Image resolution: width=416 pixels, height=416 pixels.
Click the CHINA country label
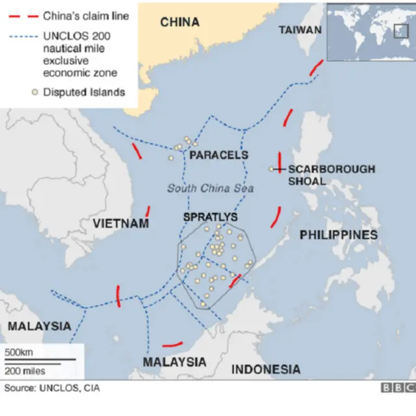(180, 22)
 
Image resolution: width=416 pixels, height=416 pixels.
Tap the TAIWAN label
(300, 30)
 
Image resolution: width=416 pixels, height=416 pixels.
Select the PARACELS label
(218, 155)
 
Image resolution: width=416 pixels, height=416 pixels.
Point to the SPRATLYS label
(210, 216)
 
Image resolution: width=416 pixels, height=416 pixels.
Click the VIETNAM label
(121, 224)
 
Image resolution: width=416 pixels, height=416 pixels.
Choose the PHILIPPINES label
(338, 235)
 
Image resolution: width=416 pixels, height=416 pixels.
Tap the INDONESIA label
(266, 369)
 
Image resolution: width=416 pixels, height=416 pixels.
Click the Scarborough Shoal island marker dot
(272, 169)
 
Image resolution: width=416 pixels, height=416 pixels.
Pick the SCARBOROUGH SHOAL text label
(331, 175)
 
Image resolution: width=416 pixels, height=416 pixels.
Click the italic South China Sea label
(210, 188)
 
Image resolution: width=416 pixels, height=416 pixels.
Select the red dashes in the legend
(22, 16)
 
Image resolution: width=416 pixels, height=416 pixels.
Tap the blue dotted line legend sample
(22, 38)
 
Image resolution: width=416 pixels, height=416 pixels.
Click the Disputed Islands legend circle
(34, 92)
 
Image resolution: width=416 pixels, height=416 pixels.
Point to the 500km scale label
(19, 352)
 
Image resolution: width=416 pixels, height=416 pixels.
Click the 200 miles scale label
(25, 371)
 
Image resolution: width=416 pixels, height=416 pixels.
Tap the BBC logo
(397, 388)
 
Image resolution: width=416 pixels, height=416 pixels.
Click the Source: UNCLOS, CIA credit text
(52, 388)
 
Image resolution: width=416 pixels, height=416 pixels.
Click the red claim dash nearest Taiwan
(316, 67)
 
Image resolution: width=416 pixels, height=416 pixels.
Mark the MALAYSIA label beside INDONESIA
(174, 362)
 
